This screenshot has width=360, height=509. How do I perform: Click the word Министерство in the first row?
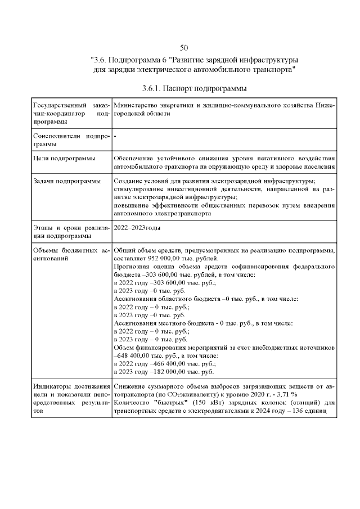tap(136, 105)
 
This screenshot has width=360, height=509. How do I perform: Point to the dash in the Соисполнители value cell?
tap(115, 137)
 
